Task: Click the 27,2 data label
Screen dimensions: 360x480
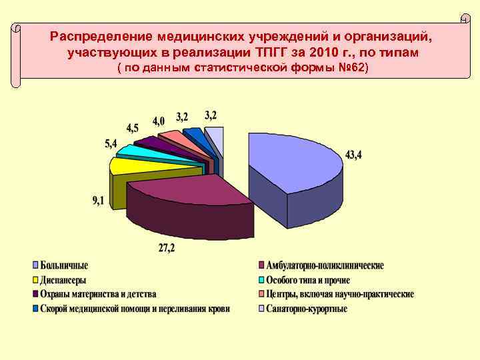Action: [x=167, y=249]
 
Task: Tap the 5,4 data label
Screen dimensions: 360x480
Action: [x=111, y=143]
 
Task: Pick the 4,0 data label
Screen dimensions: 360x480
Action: [x=159, y=121]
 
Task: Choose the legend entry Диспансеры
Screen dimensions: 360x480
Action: [x=63, y=280]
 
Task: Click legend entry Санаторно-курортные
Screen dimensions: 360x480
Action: [x=307, y=309]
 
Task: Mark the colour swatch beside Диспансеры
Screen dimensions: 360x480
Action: [x=35, y=280]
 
